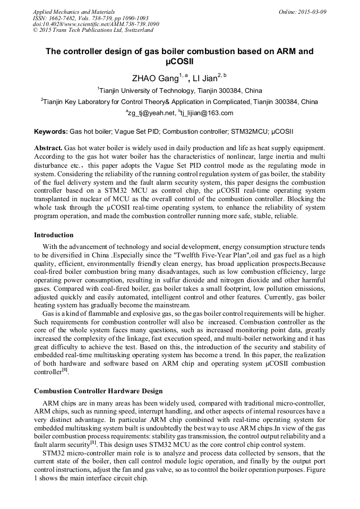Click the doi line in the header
pyautogui.click(x=96, y=24)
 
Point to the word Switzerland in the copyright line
pyautogui.click(x=138, y=30)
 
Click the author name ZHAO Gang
pyautogui.click(x=155, y=79)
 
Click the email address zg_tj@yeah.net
pyautogui.click(x=150, y=113)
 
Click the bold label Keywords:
pyautogui.click(x=51, y=131)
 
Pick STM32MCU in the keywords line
pyautogui.click(x=245, y=131)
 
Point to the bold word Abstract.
pyautogui.click(x=48, y=148)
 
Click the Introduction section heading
pyautogui.click(x=54, y=235)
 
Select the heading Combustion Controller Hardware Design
pyautogui.click(x=98, y=391)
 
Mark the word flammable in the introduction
pyautogui.click(x=90, y=314)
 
